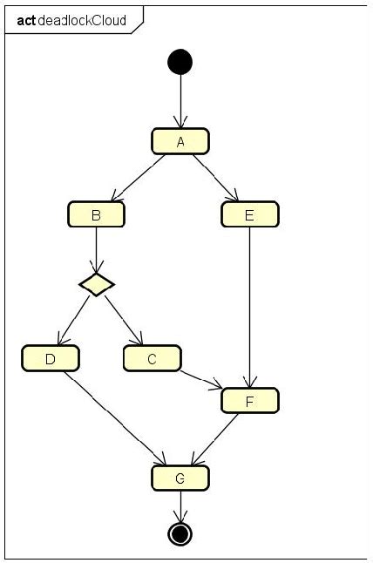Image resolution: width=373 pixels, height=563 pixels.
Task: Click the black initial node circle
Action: coord(180,61)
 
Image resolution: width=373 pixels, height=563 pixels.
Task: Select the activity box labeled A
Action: coord(180,141)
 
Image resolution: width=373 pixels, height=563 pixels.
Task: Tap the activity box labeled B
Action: coord(96,214)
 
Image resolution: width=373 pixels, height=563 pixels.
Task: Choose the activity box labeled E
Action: coord(250,214)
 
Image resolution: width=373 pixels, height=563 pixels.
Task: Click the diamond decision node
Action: coord(96,283)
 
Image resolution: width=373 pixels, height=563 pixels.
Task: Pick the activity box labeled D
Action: coord(51,357)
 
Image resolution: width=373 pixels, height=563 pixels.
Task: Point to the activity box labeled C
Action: coord(152,357)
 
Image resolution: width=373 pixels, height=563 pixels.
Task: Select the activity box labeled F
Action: coord(250,400)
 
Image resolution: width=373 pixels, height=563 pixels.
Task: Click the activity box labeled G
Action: coord(180,478)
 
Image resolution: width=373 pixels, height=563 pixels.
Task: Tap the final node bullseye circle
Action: coord(180,533)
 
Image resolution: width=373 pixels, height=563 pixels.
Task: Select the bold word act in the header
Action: coord(26,19)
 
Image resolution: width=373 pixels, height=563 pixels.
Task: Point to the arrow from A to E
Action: coord(216,178)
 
